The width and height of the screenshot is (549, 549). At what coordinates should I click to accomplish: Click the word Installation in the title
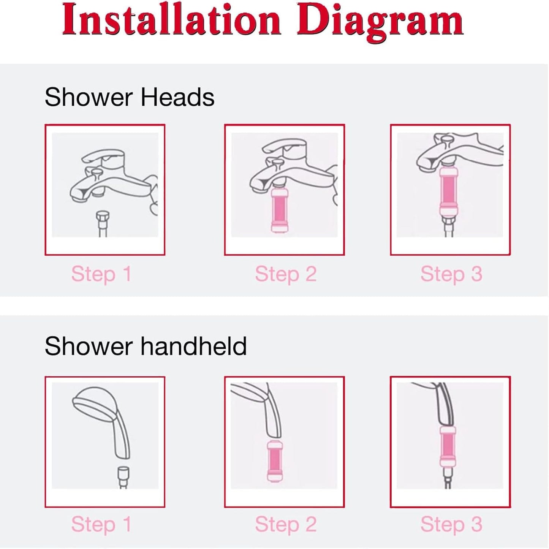pos(171,21)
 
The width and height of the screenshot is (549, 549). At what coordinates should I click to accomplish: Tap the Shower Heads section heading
pos(129,97)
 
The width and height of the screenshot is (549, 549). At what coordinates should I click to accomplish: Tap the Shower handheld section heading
pos(146,346)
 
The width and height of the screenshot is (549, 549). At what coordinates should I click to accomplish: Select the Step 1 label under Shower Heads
pos(101,274)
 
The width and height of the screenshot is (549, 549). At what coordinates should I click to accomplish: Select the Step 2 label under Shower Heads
pos(286,274)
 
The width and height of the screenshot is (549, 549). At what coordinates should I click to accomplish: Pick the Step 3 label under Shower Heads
pos(451,274)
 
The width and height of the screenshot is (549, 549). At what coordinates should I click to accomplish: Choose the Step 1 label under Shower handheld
pos(101,524)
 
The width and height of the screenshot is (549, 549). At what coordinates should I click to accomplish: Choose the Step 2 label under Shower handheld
pos(286,524)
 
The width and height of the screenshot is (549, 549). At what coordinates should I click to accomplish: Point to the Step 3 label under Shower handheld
pos(451,524)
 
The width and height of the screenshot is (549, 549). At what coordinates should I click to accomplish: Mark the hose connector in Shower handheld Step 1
pos(123,474)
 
